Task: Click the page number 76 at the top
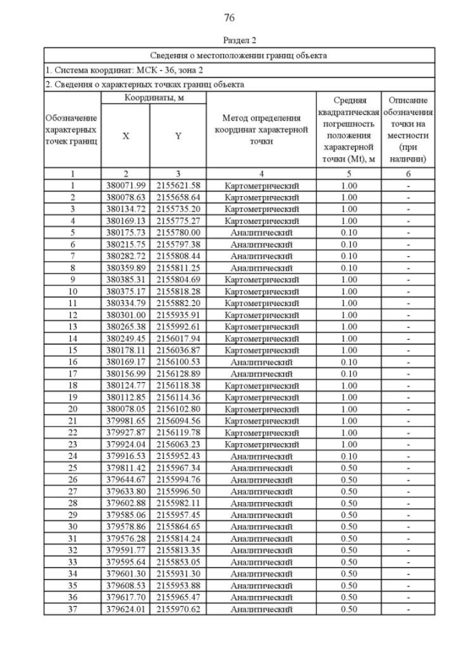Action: coord(229,17)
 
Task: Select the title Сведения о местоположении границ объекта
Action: coord(239,55)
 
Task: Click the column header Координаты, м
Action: coord(154,97)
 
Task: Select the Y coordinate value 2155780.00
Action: coord(179,232)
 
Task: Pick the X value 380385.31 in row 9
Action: coord(126,279)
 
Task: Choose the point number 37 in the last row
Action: coord(72,610)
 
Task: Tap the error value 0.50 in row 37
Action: coord(349,610)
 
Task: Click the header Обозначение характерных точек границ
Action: coord(72,129)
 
